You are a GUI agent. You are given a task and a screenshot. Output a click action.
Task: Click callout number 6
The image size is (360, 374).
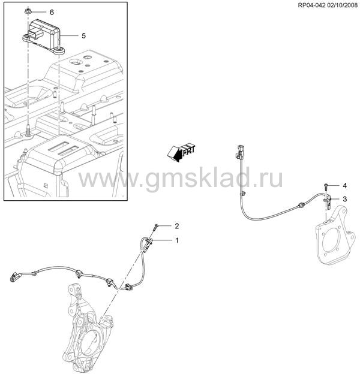pos(52,13)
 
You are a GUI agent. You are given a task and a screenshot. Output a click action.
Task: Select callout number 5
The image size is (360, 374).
pos(83,36)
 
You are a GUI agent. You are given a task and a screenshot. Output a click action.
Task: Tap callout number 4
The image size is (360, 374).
pos(344,186)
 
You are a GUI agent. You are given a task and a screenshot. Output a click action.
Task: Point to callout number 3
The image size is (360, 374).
pos(344,199)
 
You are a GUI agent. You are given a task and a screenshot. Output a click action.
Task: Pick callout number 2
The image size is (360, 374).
pos(176,226)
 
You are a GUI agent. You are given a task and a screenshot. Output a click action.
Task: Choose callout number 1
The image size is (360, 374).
pos(177,241)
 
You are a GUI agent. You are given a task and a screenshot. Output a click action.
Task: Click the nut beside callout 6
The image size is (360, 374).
pos(27,11)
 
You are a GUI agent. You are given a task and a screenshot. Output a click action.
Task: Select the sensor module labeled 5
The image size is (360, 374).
pos(44,37)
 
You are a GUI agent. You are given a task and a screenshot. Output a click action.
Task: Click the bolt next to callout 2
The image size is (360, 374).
pos(155,227)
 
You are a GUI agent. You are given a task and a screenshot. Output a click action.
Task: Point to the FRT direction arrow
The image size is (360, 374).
pos(181,152)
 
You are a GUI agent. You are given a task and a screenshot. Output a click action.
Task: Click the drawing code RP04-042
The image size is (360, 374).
pos(311,5)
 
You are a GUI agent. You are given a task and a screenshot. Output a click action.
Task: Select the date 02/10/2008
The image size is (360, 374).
pos(342,5)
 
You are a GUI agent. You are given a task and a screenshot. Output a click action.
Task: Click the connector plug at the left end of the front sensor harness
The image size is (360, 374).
pos(16,277)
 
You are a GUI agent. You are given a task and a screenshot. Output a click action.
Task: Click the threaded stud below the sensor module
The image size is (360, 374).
pos(28,130)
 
